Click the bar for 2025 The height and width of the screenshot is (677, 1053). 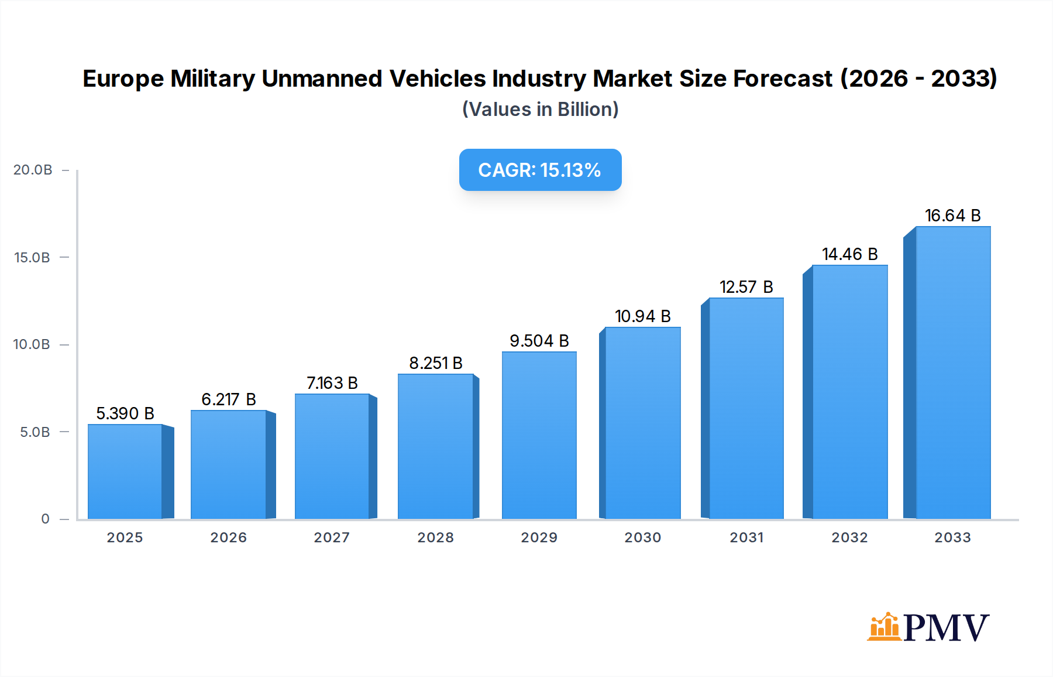pyautogui.click(x=125, y=471)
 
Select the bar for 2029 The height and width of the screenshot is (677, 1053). pyautogui.click(x=539, y=435)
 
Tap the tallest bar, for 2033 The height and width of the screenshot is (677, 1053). pyautogui.click(x=952, y=372)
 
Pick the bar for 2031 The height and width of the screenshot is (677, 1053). pyautogui.click(x=746, y=408)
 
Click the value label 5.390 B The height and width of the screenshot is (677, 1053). pyautogui.click(x=125, y=413)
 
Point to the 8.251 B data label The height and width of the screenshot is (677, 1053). pyautogui.click(x=436, y=363)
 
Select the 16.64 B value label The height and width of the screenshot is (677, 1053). pyautogui.click(x=952, y=216)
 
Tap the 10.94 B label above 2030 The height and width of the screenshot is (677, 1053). pyautogui.click(x=642, y=316)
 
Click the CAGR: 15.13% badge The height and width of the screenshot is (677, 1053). pyautogui.click(x=540, y=170)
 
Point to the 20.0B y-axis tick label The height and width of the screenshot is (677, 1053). pyautogui.click(x=33, y=170)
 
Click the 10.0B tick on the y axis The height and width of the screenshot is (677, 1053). pyautogui.click(x=32, y=344)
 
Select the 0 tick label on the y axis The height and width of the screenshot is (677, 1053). pyautogui.click(x=45, y=519)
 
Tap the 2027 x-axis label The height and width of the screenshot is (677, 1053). pyautogui.click(x=332, y=538)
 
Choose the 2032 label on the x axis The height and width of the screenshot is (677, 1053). pyautogui.click(x=849, y=538)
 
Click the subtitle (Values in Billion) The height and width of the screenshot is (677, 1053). pyautogui.click(x=540, y=110)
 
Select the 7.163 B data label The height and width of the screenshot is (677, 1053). pyautogui.click(x=332, y=383)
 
